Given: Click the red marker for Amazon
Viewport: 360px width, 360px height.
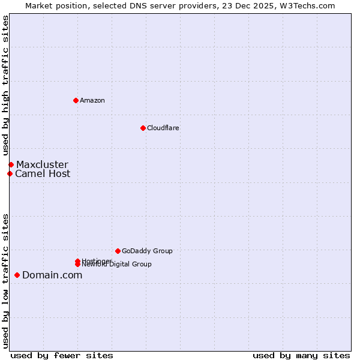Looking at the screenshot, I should [x=76, y=100].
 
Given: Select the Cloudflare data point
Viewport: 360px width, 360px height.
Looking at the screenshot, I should [x=143, y=128].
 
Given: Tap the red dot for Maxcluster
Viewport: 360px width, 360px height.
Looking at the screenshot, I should [x=11, y=164].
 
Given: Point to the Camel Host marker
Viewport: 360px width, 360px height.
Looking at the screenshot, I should [x=10, y=174].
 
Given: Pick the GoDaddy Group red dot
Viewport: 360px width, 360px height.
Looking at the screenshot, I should [x=118, y=251].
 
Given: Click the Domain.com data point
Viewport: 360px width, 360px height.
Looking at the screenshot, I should [x=17, y=275].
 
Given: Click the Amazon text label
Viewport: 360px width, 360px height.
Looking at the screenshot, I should [x=92, y=100].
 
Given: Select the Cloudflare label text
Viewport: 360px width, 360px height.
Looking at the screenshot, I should [x=163, y=128].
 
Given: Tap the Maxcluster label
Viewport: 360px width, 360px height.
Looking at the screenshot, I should [x=42, y=164].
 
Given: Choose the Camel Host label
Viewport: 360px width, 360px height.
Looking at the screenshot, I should [x=43, y=174].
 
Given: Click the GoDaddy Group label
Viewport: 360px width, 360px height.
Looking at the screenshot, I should [x=147, y=251].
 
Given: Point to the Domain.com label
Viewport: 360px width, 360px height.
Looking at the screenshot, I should [x=52, y=275].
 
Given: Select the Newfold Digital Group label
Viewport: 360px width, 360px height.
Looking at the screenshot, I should [x=117, y=265].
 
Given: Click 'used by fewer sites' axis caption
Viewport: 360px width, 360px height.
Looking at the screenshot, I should [x=62, y=355].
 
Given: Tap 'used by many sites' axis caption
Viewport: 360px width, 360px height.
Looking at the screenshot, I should [x=301, y=355].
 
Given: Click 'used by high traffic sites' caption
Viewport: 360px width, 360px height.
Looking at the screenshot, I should [x=6, y=86].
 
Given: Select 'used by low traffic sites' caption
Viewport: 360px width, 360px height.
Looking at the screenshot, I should [x=6, y=280].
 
